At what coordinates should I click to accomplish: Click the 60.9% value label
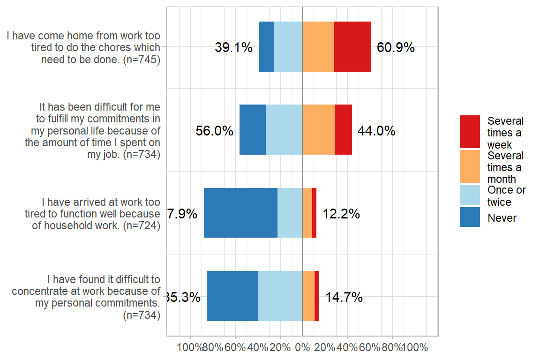(x=396, y=47)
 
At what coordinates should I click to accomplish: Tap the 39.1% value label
(x=233, y=47)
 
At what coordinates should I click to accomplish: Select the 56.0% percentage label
(x=214, y=131)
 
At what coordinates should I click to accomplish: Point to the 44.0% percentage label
(x=376, y=131)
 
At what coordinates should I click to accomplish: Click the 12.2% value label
(x=341, y=214)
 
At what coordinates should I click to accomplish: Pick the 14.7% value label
(x=344, y=297)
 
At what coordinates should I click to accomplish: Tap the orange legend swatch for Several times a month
(x=470, y=166)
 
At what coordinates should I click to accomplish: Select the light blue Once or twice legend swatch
(x=470, y=195)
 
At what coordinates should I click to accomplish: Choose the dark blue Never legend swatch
(x=470, y=217)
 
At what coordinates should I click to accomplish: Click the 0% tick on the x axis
(x=303, y=348)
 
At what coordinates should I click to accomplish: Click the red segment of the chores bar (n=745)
(x=352, y=46)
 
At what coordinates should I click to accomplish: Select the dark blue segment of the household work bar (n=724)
(x=240, y=213)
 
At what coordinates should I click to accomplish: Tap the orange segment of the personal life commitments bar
(x=319, y=129)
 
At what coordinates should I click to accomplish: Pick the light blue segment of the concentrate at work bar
(x=280, y=296)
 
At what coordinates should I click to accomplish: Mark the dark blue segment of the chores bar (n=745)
(x=266, y=46)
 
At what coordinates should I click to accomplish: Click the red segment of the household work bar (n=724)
(x=314, y=213)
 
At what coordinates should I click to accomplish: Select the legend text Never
(x=502, y=218)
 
